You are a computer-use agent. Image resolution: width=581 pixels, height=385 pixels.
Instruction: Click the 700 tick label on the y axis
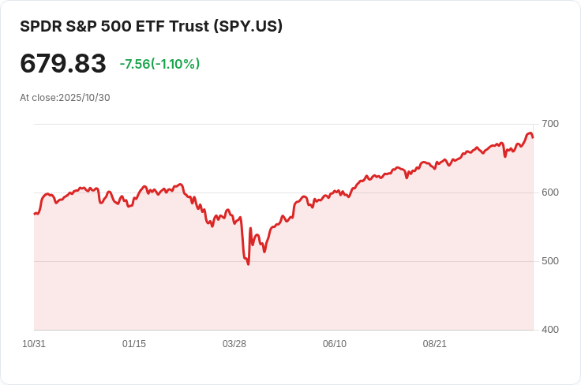(x=550, y=124)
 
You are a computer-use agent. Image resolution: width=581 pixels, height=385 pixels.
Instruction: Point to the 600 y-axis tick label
(x=550, y=192)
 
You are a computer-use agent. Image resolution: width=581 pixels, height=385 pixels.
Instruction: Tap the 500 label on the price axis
(x=550, y=261)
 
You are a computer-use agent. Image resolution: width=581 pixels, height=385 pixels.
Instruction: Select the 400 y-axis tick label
(x=550, y=329)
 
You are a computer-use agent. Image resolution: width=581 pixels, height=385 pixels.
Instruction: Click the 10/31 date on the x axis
(x=34, y=344)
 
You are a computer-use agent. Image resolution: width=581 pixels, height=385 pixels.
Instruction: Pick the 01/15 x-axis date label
(x=134, y=344)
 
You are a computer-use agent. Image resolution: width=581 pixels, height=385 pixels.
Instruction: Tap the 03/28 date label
(x=234, y=344)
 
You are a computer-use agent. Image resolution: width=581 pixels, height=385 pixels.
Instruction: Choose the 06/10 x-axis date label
(x=335, y=344)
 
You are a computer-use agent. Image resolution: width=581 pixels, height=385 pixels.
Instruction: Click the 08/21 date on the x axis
(x=435, y=344)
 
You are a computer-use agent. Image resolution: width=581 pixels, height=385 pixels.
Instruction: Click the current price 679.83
(x=63, y=64)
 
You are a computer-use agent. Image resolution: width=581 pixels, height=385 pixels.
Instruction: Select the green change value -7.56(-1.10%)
(x=159, y=64)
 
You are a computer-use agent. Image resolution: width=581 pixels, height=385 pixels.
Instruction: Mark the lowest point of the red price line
(x=248, y=264)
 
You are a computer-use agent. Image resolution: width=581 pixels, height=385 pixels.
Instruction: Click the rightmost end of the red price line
(x=533, y=137)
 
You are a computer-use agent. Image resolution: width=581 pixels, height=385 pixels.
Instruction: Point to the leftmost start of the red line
(x=34, y=214)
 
